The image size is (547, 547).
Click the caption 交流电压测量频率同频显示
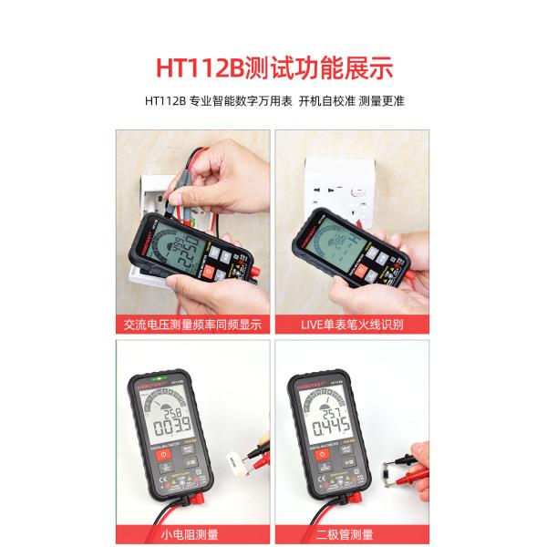click(192, 324)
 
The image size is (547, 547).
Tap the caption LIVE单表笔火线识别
click(353, 324)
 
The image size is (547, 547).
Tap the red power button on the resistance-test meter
click(163, 453)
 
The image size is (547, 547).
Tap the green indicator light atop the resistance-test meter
click(160, 377)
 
